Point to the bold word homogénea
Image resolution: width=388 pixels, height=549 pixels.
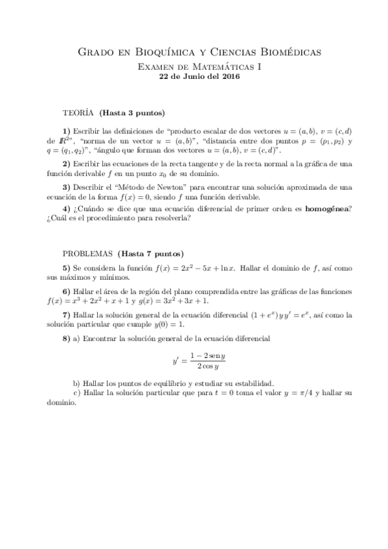tap(322, 208)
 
